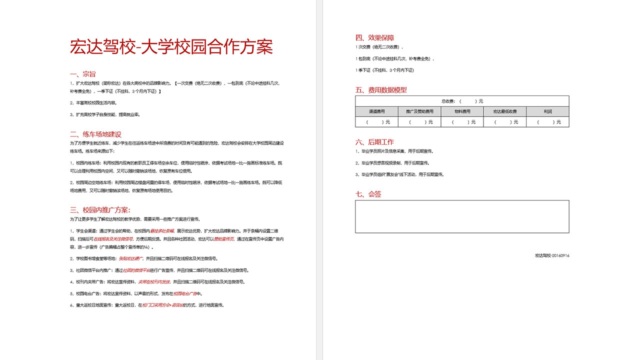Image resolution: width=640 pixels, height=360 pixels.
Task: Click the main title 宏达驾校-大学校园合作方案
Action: (171, 47)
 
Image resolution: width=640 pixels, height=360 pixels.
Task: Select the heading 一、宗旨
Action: (83, 74)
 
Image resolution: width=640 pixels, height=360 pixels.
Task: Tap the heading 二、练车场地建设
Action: (95, 134)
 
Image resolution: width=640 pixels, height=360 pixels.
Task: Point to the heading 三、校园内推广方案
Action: (100, 210)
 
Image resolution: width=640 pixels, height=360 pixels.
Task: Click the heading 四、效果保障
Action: (374, 37)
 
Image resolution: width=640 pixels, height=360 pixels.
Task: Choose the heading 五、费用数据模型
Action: (381, 90)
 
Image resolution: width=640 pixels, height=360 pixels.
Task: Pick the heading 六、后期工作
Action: (374, 142)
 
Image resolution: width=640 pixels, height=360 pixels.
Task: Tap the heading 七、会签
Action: (368, 194)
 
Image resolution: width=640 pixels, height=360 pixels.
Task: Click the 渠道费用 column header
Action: (376, 111)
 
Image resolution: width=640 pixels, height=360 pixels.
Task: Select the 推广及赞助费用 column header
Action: (419, 111)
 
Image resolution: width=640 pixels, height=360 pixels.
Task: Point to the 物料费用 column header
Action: (462, 111)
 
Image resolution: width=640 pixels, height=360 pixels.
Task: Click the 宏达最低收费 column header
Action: (505, 111)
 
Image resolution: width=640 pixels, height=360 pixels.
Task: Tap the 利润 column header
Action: (547, 111)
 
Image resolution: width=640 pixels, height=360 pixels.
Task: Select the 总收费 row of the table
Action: (462, 101)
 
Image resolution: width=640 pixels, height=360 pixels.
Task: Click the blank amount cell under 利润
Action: (547, 122)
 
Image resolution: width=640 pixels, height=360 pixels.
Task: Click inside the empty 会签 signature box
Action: (462, 216)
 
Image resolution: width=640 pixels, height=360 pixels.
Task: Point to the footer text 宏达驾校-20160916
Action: (552, 255)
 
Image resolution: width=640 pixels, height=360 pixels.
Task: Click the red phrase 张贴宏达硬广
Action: (130, 258)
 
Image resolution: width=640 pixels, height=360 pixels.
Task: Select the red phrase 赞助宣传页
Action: (224, 239)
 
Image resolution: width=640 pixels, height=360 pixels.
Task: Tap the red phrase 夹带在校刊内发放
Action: (154, 282)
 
